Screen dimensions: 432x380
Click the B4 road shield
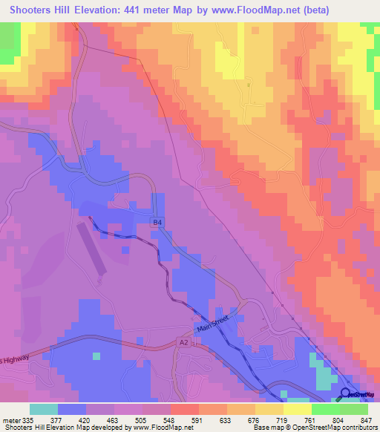[157, 222]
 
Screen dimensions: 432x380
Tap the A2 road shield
[184, 342]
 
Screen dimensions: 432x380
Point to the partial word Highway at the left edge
[15, 359]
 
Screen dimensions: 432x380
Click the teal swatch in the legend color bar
[44, 410]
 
